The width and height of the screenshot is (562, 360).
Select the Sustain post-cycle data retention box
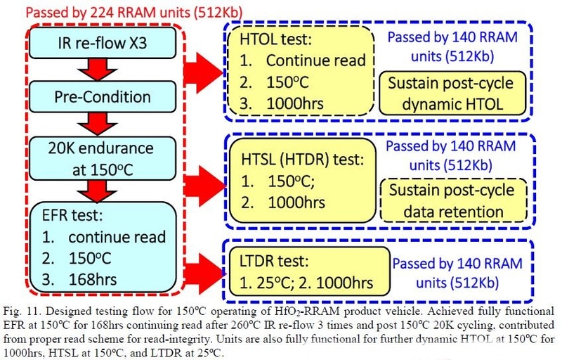tap(451, 201)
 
